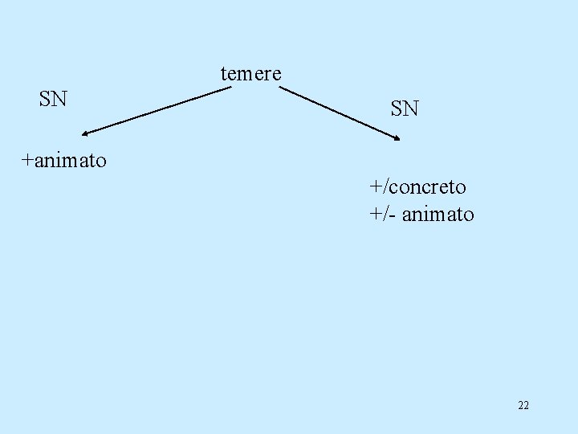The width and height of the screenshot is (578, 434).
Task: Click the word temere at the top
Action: pyautogui.click(x=250, y=74)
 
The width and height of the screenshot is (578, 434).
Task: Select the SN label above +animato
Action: pyautogui.click(x=53, y=100)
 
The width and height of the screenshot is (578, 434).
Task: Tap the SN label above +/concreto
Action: pyautogui.click(x=405, y=108)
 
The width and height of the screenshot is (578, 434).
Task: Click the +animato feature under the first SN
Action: pyautogui.click(x=63, y=161)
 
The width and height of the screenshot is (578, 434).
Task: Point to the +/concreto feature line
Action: pyautogui.click(x=417, y=187)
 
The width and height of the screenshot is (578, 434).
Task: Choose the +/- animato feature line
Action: pyautogui.click(x=421, y=215)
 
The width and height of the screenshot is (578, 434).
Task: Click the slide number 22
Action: pyautogui.click(x=523, y=405)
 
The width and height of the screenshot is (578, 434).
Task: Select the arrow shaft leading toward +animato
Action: pyautogui.click(x=157, y=110)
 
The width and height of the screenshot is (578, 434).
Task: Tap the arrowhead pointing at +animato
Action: pyautogui.click(x=85, y=133)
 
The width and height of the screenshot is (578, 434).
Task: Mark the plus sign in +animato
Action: pyautogui.click(x=27, y=161)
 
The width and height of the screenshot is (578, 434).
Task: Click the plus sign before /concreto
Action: pyautogui.click(x=375, y=188)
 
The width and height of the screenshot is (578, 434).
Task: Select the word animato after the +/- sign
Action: pyautogui.click(x=438, y=215)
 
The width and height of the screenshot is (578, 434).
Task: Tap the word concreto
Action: pyautogui.click(x=427, y=187)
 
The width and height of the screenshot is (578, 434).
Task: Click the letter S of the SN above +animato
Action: pyautogui.click(x=45, y=100)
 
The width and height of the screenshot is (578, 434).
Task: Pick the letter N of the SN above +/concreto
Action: pyautogui.click(x=411, y=108)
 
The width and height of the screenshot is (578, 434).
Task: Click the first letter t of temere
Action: pyautogui.click(x=223, y=75)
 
